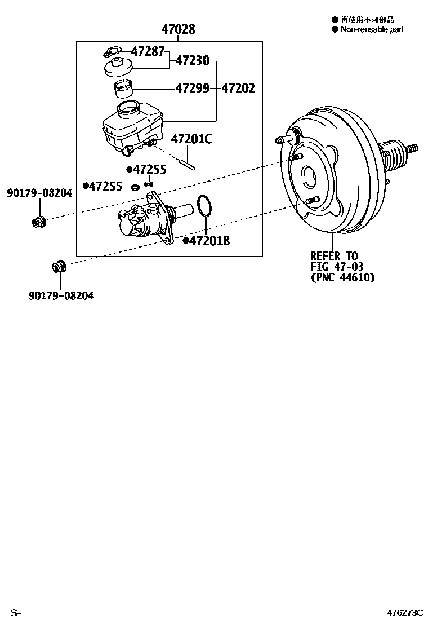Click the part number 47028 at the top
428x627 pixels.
pyautogui.click(x=178, y=29)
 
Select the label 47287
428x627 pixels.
pyautogui.click(x=148, y=51)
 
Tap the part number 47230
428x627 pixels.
pyautogui.click(x=192, y=60)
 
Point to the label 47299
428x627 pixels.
pyautogui.click(x=192, y=89)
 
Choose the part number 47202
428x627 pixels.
pyautogui.click(x=238, y=89)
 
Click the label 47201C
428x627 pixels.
pyautogui.click(x=191, y=139)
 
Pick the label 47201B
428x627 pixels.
pyautogui.click(x=209, y=241)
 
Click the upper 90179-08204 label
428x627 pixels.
pyautogui.click(x=39, y=193)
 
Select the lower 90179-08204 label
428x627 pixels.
pyautogui.click(x=61, y=295)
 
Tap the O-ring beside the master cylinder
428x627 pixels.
pyautogui.click(x=205, y=206)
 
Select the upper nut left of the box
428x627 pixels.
pyautogui.click(x=39, y=220)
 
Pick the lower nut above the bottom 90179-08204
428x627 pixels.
pyautogui.click(x=59, y=266)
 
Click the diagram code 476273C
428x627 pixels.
pyautogui.click(x=404, y=612)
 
